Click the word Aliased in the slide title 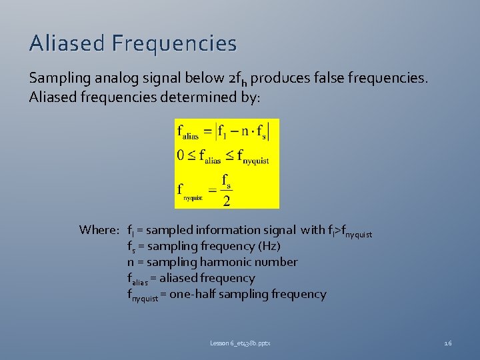67,43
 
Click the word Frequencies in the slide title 174,43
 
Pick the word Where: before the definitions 99,230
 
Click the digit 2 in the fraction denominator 227,201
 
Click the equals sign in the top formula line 207,131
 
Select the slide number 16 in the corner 447,343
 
